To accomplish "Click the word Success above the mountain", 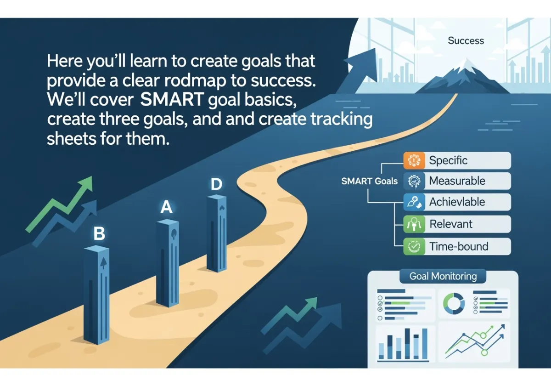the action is [466, 40].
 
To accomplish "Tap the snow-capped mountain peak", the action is [462, 76].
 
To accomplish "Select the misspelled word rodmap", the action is [195, 80].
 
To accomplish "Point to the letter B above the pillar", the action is [99, 233].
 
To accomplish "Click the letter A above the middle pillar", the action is [166, 207].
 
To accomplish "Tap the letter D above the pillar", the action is [216, 184].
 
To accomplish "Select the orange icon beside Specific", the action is [414, 160].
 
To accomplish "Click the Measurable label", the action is [457, 181].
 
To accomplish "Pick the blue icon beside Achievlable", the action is [414, 202].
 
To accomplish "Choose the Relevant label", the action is [450, 224].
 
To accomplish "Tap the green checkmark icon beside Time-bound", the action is [414, 246].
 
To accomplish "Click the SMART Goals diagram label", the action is [370, 181].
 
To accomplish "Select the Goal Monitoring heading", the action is [443, 276].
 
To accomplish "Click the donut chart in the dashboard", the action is [454, 303].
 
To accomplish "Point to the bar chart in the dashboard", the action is [403, 345].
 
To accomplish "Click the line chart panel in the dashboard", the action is [474, 342].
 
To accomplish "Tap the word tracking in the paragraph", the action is [342, 119].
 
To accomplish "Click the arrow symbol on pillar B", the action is [104, 263].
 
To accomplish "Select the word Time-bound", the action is [459, 246].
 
